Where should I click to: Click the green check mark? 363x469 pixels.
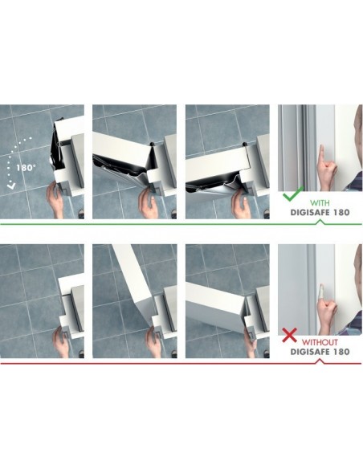pyautogui.click(x=292, y=194)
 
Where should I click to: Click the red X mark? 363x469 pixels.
pyautogui.click(x=289, y=335)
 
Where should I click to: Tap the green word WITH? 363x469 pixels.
pyautogui.click(x=320, y=203)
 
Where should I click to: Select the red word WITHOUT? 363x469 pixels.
pyautogui.click(x=320, y=342)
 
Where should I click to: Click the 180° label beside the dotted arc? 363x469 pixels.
pyautogui.click(x=26, y=168)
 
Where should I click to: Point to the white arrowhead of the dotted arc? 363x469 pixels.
pyautogui.click(x=11, y=186)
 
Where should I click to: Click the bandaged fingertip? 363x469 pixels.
pyautogui.click(x=321, y=290)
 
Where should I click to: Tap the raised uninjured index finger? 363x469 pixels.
pyautogui.click(x=321, y=153)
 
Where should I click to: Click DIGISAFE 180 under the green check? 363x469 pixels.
pyautogui.click(x=320, y=213)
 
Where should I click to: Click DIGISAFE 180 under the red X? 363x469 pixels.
pyautogui.click(x=320, y=352)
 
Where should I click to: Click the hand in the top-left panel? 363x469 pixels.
pyautogui.click(x=56, y=199)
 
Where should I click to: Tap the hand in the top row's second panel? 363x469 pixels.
pyautogui.click(x=149, y=203)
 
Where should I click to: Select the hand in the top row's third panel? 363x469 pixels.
pyautogui.click(x=241, y=205)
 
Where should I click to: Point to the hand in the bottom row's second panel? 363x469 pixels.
pyautogui.click(x=155, y=342)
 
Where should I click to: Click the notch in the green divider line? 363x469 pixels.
pyautogui.click(x=320, y=222)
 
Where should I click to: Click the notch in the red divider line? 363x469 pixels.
pyautogui.click(x=320, y=361)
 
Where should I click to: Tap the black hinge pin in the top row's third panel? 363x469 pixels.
pyautogui.click(x=245, y=145)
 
